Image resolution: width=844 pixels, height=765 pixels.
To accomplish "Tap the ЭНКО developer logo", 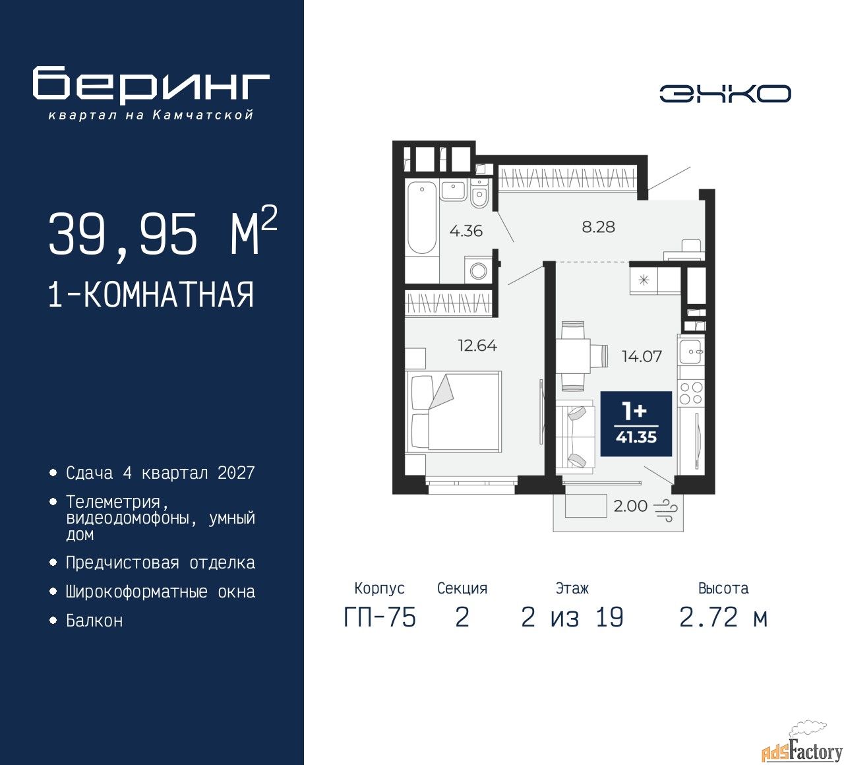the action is click(x=725, y=94).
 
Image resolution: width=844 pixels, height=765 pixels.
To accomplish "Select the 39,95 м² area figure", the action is click(x=163, y=233).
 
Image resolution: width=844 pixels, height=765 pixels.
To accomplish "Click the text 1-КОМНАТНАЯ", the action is click(x=151, y=295).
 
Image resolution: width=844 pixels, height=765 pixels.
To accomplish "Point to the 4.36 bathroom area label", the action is click(x=466, y=231).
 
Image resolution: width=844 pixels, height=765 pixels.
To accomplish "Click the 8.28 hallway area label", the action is click(x=598, y=227).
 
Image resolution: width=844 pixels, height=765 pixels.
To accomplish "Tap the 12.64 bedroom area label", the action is click(x=477, y=346).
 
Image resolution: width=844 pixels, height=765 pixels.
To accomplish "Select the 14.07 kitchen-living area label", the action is click(x=642, y=356).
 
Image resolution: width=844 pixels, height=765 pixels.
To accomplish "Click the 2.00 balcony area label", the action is click(x=630, y=506).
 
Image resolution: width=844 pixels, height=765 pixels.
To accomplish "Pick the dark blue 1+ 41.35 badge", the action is click(x=636, y=424).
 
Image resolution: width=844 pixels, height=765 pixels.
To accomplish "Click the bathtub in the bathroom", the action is click(x=421, y=218).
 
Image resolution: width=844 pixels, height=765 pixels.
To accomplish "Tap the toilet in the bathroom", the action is click(x=479, y=195).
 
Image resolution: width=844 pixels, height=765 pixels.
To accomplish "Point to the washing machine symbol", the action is click(x=479, y=270).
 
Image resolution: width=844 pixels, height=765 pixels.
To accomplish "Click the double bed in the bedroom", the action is click(x=454, y=412).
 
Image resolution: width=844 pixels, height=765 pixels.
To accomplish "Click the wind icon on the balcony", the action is click(x=665, y=510).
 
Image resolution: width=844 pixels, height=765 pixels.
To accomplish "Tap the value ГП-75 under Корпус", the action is click(x=380, y=617).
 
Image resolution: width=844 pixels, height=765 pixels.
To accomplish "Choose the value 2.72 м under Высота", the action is click(x=723, y=617).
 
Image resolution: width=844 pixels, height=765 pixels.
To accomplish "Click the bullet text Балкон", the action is click(x=94, y=621).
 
